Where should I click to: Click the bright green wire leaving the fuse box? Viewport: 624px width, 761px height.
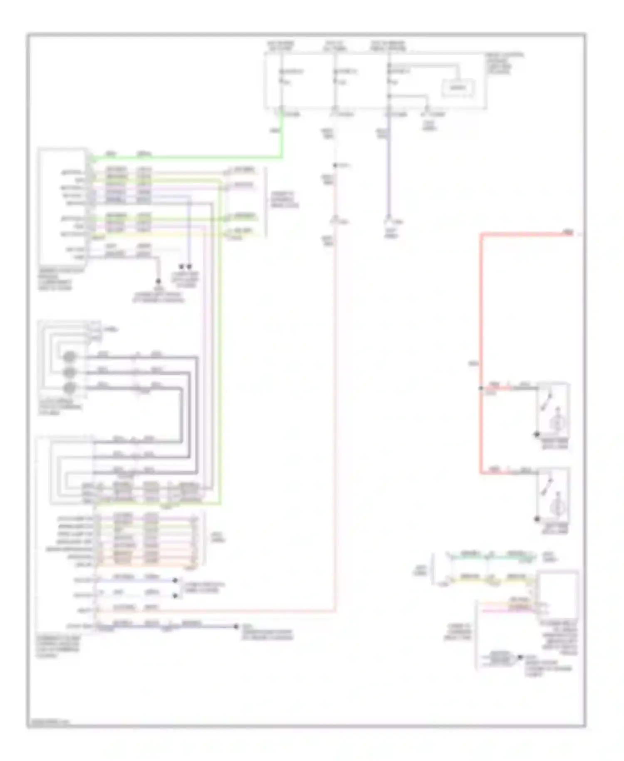[187, 158]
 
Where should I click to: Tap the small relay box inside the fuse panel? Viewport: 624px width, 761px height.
[458, 88]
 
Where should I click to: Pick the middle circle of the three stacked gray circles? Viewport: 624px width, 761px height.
[69, 372]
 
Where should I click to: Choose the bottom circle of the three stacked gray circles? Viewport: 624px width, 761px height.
[69, 388]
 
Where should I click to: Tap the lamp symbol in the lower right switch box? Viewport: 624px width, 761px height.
[557, 507]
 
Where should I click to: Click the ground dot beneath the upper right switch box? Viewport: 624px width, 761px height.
[537, 434]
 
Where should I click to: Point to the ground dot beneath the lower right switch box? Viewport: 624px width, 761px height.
[537, 519]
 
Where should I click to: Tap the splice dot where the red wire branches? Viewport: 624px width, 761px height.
[481, 388]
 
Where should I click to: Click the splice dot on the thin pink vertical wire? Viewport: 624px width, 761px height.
[335, 166]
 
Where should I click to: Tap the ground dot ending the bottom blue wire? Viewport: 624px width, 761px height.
[236, 626]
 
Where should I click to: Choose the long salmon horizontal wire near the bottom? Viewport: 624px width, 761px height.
[216, 611]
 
